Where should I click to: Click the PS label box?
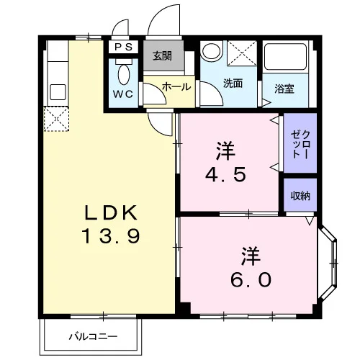[123, 47]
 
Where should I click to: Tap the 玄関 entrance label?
[163, 56]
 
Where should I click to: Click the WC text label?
[123, 94]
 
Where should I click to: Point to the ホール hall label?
[176, 86]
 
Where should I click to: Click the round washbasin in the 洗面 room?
[211, 51]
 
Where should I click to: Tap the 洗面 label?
[233, 83]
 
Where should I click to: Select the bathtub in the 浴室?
[285, 57]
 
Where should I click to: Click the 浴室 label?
[284, 89]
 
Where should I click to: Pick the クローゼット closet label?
[300, 144]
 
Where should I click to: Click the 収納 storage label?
[300, 196]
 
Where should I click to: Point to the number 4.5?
[225, 174]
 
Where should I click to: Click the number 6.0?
[251, 279]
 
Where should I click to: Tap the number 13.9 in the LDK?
[111, 236]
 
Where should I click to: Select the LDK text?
[111, 212]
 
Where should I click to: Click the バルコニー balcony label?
[93, 336]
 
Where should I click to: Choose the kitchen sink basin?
[58, 92]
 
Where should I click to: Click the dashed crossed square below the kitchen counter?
[56, 119]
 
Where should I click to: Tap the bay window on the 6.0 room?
[328, 263]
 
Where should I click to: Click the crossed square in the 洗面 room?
[242, 53]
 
